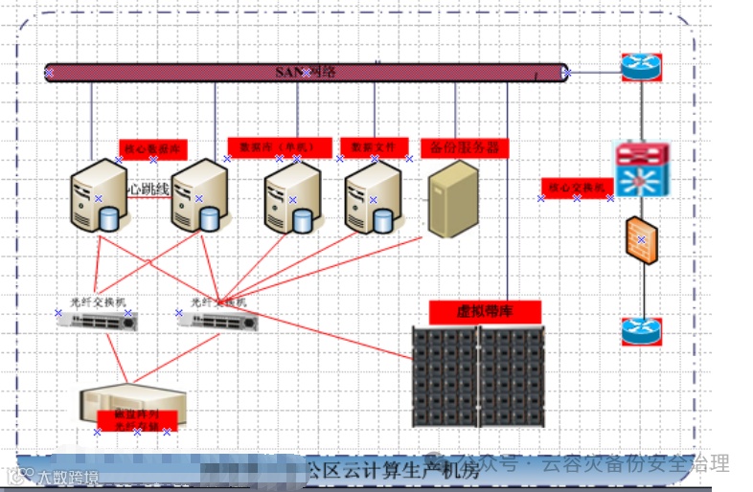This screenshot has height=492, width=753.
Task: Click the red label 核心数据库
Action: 153,149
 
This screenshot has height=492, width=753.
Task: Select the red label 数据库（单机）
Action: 279,147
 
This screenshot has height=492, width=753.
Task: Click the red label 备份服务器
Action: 465,148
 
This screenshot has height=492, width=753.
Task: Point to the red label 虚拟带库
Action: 485,312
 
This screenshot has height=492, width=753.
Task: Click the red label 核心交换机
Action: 577,188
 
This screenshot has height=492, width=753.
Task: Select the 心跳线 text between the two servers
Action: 148,190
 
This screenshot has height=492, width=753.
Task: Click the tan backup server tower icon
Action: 452,199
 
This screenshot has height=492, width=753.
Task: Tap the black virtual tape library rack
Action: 477,376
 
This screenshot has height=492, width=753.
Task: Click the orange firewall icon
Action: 641,240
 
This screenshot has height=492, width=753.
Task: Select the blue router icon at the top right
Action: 640,67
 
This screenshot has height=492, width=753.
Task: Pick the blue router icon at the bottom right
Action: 641,330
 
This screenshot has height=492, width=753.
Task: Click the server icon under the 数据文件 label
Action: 373,198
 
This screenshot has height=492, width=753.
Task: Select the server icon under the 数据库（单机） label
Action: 292,198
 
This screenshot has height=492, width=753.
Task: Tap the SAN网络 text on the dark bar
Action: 305,72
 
